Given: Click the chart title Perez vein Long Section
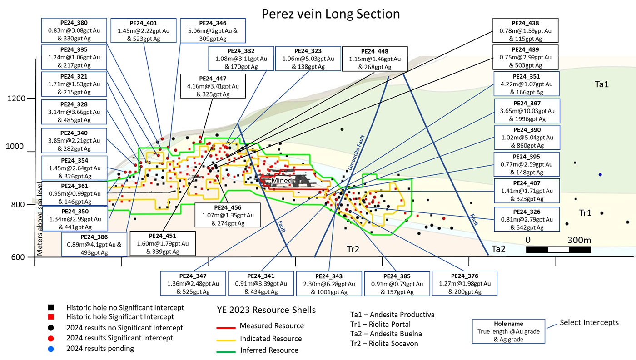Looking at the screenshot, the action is pos(331,14).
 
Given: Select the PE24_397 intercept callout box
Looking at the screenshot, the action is pos(527,111).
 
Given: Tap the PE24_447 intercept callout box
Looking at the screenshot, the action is pos(213,86).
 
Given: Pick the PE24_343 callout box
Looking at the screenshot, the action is pos(329,284).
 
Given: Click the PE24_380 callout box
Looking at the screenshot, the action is pos(74,30).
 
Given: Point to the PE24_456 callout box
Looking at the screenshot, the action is pos(228,215).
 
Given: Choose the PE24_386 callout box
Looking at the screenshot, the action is pos(94,245).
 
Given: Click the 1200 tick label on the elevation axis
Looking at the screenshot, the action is pos(16,99).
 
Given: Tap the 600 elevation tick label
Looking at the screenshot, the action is pos(18,257).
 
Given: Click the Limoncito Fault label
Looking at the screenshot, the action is pos(356,153).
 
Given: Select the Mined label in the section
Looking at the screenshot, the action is pos(281,180).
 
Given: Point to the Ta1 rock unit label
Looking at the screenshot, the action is pos(601,84).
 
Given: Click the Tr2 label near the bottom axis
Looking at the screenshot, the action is pos(353,249).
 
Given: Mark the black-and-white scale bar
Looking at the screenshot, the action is pos(558,250).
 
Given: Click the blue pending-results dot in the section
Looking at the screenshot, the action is pos(600,175).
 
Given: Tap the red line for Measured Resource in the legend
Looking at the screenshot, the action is pos(226,328).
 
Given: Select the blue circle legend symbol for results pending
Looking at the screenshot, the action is pos(51,349).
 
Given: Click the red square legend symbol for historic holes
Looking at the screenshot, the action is pos(51,316).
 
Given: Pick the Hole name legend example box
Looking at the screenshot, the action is pos(508,331).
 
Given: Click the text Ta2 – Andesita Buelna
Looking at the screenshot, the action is pos(386,334).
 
